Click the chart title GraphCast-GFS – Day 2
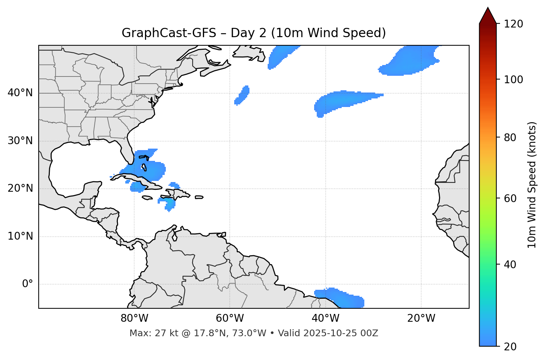click(x=254, y=33)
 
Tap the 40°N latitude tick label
click(x=20, y=93)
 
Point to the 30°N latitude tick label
click(x=20, y=141)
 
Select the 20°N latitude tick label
click(x=20, y=188)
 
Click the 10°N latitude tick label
click(x=20, y=236)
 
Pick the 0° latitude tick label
click(x=28, y=284)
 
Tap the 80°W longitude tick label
click(x=134, y=318)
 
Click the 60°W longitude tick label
click(x=230, y=318)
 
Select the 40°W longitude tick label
click(x=325, y=318)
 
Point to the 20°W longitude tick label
click(x=421, y=318)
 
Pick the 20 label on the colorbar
click(x=510, y=346)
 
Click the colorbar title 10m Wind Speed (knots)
click(x=532, y=185)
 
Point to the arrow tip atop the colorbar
click(x=488, y=8)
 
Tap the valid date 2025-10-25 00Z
click(x=341, y=333)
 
